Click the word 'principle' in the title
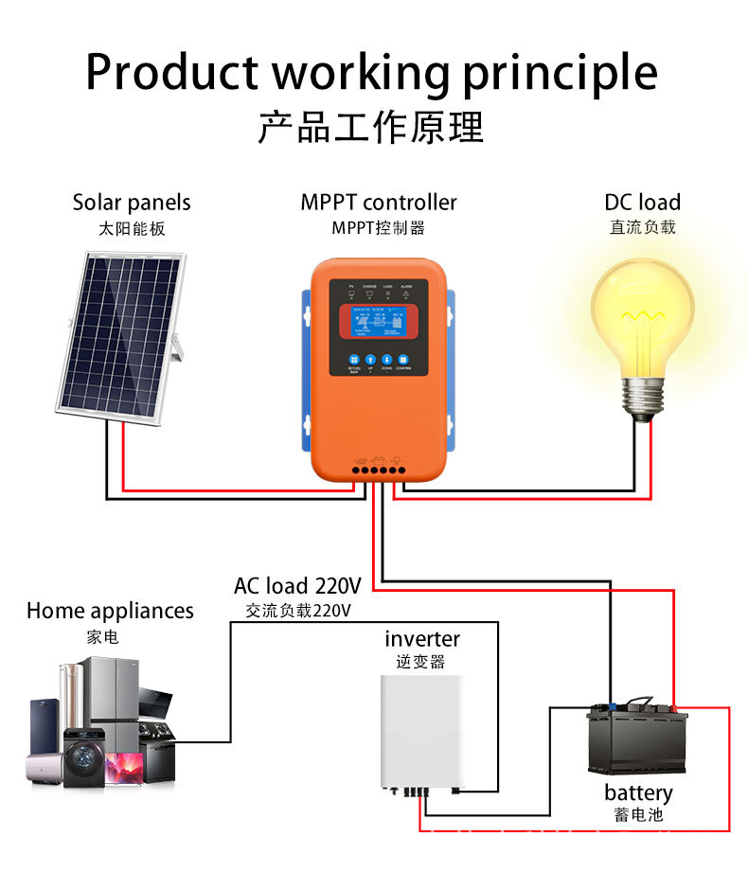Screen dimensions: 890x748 [560, 73]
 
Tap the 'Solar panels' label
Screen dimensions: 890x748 [132, 203]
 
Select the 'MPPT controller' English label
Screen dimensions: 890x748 [379, 203]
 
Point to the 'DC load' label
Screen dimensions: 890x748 [642, 203]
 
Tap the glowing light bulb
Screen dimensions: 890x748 [642, 312]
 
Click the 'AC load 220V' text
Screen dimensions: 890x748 [298, 586]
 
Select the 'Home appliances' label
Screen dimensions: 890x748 [110, 612]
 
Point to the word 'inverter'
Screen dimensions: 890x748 [422, 639]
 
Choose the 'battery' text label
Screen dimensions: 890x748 [638, 792]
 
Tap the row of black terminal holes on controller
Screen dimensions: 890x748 [377, 469]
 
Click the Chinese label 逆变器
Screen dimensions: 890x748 [420, 662]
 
